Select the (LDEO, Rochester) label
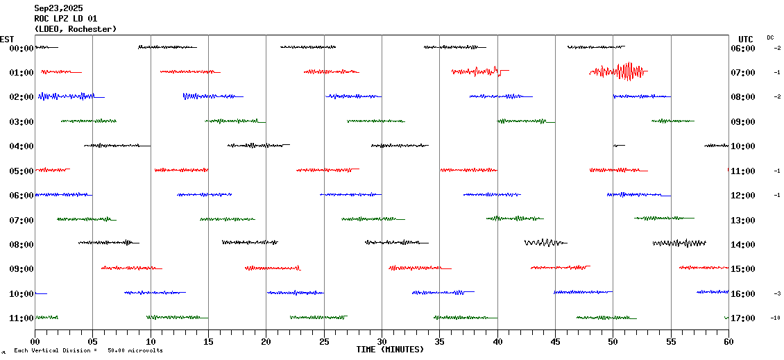(75, 29)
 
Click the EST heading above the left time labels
(7, 39)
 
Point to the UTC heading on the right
(746, 39)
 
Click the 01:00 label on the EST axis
(22, 73)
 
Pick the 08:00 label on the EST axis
(22, 245)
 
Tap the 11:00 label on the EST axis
(22, 318)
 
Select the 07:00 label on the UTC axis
(743, 73)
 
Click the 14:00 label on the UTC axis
(743, 245)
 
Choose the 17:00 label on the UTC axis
(743, 318)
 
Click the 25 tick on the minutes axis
(324, 341)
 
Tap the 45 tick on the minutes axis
(555, 341)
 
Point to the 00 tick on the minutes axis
(35, 341)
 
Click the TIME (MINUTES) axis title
(390, 350)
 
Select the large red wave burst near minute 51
(624, 71)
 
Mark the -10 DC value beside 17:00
(775, 318)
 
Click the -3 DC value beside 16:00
(777, 293)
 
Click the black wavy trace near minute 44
(545, 243)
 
